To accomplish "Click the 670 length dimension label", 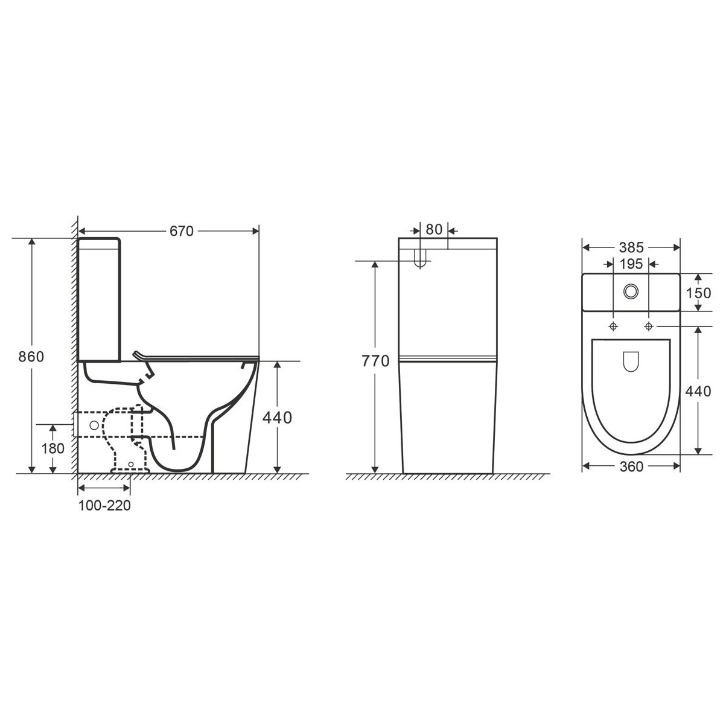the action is [x=181, y=231].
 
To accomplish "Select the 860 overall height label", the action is [x=31, y=357].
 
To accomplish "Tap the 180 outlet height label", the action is [x=53, y=448].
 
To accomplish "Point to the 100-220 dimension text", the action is [x=104, y=506].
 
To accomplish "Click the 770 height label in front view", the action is [x=375, y=361].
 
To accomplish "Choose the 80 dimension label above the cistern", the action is [x=434, y=229].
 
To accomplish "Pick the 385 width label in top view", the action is [x=631, y=247].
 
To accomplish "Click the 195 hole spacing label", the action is [x=631, y=264].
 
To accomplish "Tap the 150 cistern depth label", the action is [x=698, y=293].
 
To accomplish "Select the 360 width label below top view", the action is [x=631, y=466].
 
